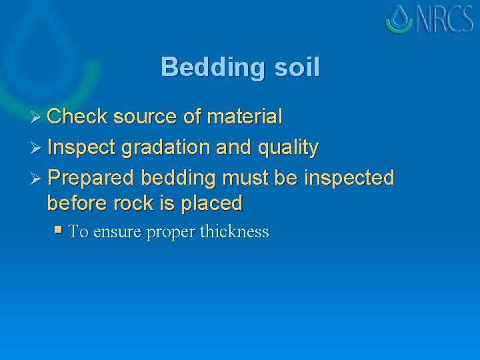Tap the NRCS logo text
click(x=445, y=19)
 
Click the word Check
click(x=77, y=117)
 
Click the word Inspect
click(x=83, y=147)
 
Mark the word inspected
click(x=349, y=178)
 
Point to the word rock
click(x=127, y=203)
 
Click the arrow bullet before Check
click(x=38, y=117)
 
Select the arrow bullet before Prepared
click(x=38, y=179)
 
